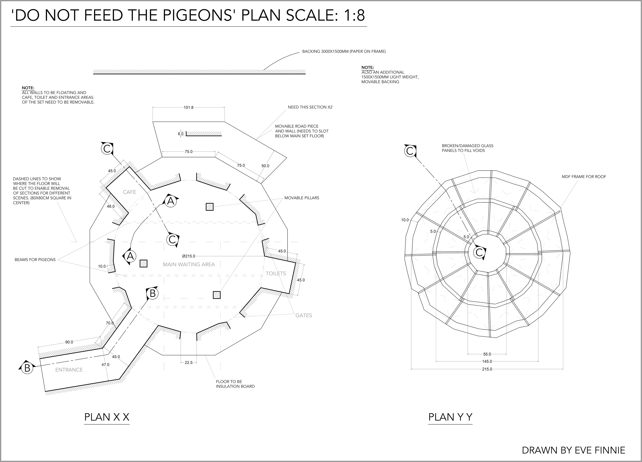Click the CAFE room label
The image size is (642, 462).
129,192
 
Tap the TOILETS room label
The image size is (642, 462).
276,273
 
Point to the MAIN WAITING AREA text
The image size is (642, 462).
189,264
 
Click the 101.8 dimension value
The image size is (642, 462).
189,108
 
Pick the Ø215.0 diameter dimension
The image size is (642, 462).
189,256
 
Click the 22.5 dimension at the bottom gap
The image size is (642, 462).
189,363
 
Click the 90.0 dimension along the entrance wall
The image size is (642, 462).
69,342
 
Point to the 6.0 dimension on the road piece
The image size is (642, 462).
181,134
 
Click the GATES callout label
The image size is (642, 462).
303,315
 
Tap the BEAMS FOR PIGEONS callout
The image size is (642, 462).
35,260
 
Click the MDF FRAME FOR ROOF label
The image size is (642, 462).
584,177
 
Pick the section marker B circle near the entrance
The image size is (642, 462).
27,368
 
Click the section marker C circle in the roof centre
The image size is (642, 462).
479,252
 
